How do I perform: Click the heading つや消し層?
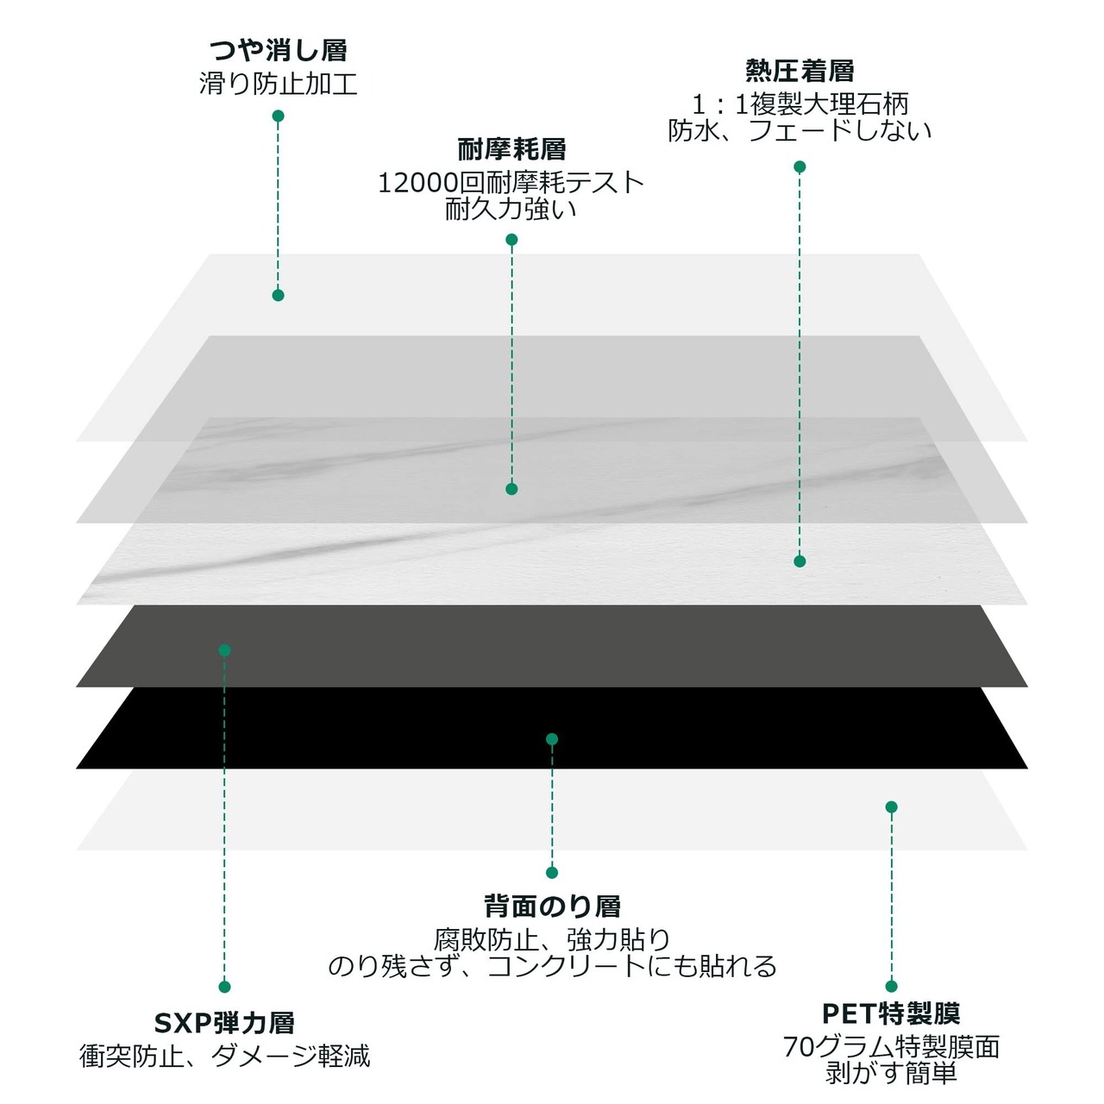tap(278, 50)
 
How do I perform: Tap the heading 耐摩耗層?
tap(511, 149)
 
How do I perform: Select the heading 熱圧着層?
tap(800, 71)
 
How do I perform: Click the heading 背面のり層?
tap(552, 906)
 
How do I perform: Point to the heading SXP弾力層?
tap(224, 1023)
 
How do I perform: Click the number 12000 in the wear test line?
tap(418, 184)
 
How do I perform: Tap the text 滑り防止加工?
tap(278, 84)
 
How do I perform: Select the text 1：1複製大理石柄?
tap(800, 104)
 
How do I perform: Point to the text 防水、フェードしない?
tap(800, 130)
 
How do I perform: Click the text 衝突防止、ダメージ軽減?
tap(224, 1056)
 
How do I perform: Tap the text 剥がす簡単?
tap(891, 1072)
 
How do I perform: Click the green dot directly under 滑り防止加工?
tap(278, 116)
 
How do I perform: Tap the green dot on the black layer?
tap(552, 739)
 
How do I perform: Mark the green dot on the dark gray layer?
tap(224, 650)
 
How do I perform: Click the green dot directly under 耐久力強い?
tap(511, 240)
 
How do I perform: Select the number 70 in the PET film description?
tap(798, 1047)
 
